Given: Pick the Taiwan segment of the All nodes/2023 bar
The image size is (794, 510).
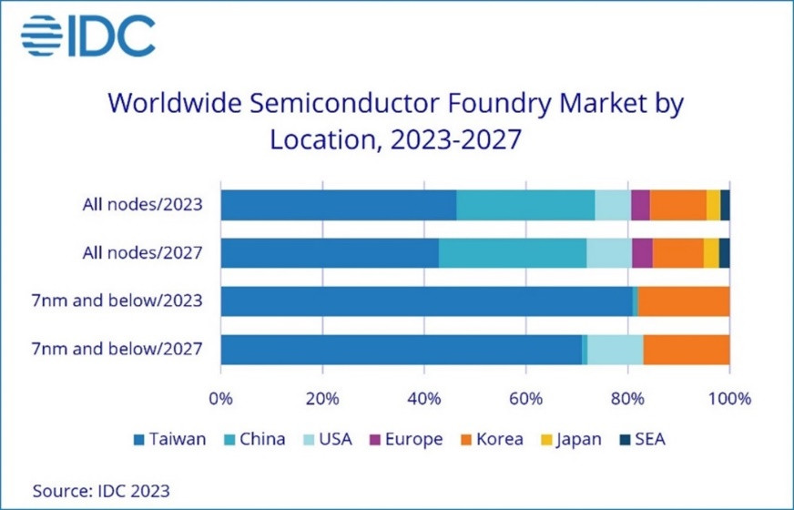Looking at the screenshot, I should tap(338, 205).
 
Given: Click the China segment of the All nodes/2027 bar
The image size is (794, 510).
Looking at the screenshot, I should tap(512, 253).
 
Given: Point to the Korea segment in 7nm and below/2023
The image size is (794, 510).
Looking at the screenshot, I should tap(684, 301).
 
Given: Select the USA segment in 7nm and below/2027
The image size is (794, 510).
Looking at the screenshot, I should tap(616, 350).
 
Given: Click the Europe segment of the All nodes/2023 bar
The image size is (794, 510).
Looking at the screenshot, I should tap(640, 205).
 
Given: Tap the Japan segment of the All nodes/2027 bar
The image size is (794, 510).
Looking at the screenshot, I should tap(711, 253).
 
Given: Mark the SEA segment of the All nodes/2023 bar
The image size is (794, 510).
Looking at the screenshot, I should tap(725, 205).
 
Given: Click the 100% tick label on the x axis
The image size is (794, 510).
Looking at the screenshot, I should tap(729, 398).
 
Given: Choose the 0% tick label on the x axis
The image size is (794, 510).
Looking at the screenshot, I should tap(220, 398).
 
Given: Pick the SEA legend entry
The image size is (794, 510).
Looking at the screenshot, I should tap(643, 439).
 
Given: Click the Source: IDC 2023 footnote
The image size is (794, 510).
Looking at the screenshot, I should tap(101, 490).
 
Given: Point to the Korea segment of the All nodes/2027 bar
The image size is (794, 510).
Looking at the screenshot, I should tap(678, 253).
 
